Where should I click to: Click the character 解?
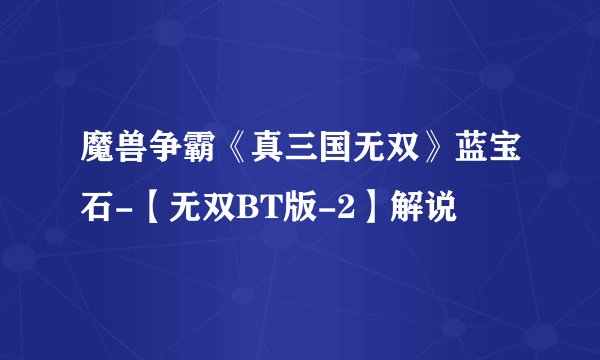pyautogui.click(x=405, y=209)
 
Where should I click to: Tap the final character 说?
pyautogui.click(x=441, y=209)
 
